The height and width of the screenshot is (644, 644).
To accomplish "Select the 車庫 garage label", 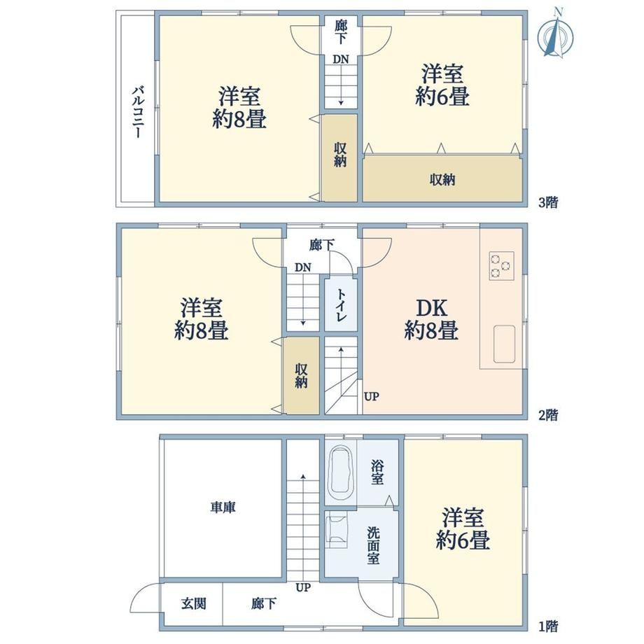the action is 223,507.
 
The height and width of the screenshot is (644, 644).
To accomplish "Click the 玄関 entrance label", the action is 193,603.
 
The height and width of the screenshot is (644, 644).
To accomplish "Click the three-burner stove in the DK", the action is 501,266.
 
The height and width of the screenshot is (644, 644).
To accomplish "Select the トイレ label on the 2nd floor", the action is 342,305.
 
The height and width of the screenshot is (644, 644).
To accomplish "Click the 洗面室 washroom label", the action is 373,545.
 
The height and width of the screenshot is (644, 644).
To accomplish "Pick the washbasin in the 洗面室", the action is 337,529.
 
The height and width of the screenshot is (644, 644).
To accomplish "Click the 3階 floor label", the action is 548,202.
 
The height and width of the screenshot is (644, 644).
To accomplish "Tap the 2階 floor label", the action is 548,415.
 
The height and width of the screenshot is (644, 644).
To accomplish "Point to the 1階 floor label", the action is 548,626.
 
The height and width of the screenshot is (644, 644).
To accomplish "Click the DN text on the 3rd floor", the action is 340,59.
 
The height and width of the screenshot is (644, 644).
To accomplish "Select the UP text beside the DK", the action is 371,397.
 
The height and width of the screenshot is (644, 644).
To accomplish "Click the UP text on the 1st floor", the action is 303,588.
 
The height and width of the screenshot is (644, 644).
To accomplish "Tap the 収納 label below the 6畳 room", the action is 442,179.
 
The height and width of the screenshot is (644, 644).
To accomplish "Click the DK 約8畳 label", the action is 431,319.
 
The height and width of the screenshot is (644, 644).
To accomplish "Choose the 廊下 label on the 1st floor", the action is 264,603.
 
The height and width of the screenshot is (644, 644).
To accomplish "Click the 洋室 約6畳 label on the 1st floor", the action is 463,529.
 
